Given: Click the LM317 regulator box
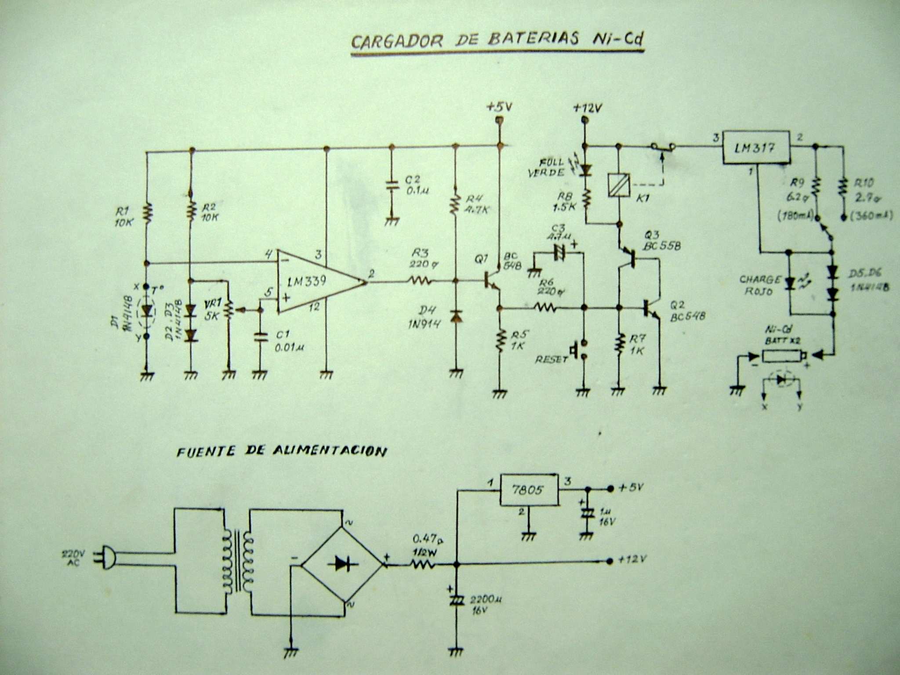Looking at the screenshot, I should click(x=756, y=148).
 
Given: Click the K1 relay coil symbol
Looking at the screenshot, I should click(x=619, y=185).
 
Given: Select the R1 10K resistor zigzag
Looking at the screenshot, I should click(x=147, y=213).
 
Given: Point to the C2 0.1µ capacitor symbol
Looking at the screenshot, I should click(x=391, y=185).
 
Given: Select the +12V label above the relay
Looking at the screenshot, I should click(x=588, y=108).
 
